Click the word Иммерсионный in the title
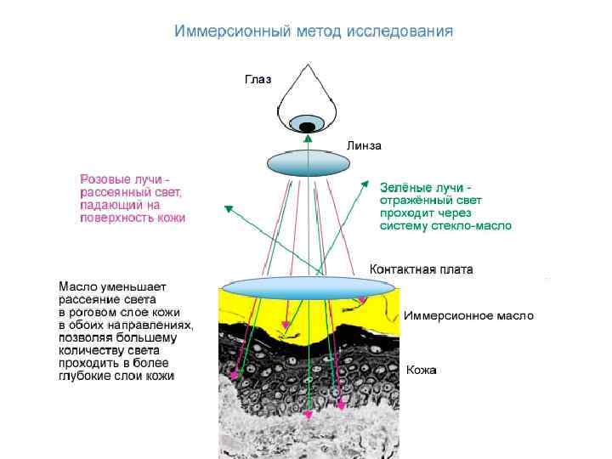(223, 31)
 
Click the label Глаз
(258, 79)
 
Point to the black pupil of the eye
(306, 127)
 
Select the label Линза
(364, 146)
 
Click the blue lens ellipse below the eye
(305, 161)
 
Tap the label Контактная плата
(422, 269)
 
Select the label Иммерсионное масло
(468, 315)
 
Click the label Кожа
(422, 370)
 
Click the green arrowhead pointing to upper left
(227, 207)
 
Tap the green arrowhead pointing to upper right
(365, 182)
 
